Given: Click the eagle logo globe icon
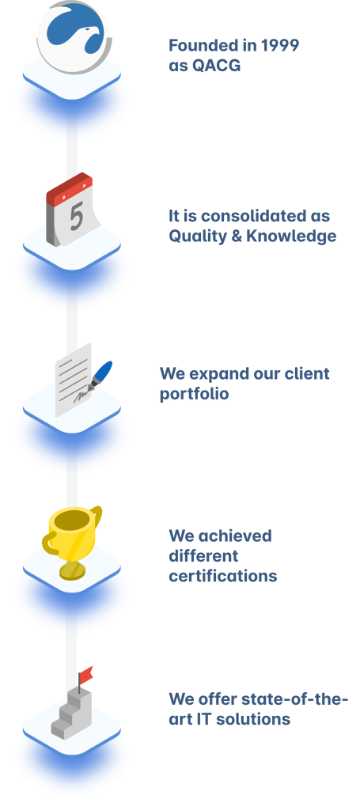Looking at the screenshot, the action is pyautogui.click(x=74, y=37).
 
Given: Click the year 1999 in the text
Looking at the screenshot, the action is pyautogui.click(x=280, y=45).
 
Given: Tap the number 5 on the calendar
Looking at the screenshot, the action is pyautogui.click(x=77, y=217).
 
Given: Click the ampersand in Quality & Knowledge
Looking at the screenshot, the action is pyautogui.click(x=234, y=236).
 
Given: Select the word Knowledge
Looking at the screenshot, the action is pyautogui.click(x=291, y=237).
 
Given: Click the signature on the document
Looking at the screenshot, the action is pyautogui.click(x=81, y=396).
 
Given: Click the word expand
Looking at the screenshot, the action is pyautogui.click(x=216, y=374).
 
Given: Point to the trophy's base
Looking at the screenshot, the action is pyautogui.click(x=72, y=570).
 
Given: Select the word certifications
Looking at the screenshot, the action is pyautogui.click(x=223, y=576).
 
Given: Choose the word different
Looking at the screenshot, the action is pyautogui.click(x=203, y=556).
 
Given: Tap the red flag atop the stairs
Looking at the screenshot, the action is pyautogui.click(x=86, y=673).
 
